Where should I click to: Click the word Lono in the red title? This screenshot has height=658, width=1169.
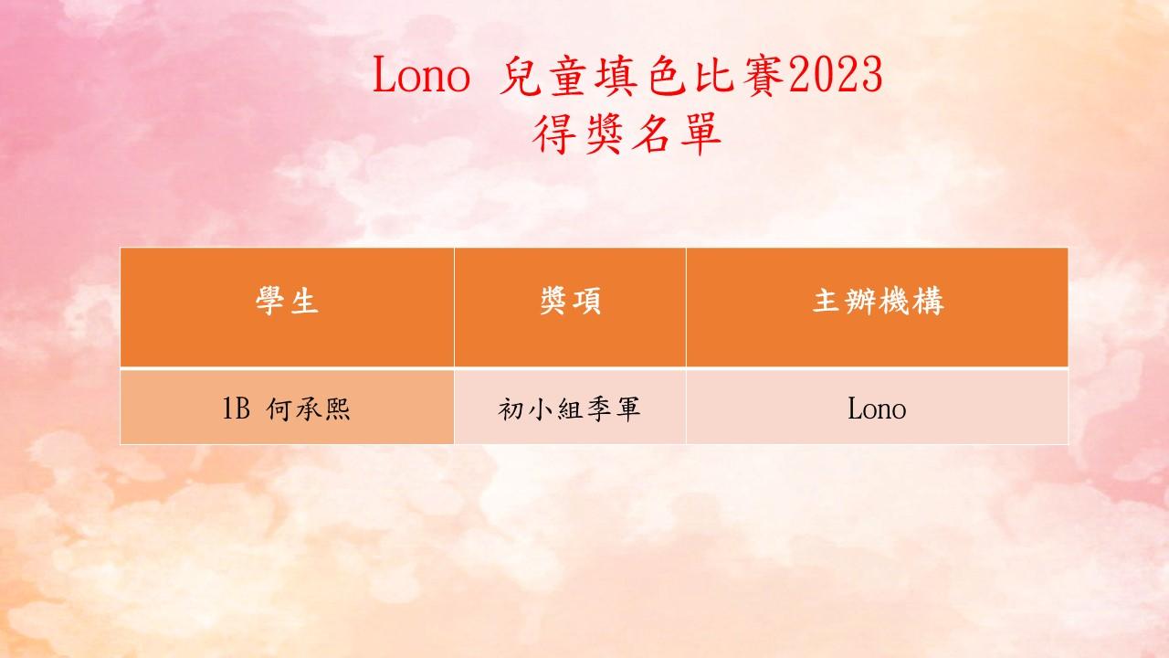(x=421, y=75)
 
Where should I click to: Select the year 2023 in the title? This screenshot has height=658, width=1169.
(x=835, y=75)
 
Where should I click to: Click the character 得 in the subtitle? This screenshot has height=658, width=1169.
(x=553, y=134)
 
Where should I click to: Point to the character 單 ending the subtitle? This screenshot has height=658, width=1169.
(x=700, y=134)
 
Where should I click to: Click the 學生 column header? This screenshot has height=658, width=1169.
(x=287, y=302)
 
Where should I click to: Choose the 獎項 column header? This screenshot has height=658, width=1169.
(x=571, y=302)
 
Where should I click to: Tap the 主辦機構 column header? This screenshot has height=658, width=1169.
(x=879, y=302)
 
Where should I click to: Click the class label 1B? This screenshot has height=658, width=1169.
(x=237, y=409)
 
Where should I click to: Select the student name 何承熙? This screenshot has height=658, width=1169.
(x=308, y=409)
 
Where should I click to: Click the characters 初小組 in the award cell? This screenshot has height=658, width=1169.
(x=540, y=409)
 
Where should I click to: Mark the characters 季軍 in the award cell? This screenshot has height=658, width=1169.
(x=613, y=409)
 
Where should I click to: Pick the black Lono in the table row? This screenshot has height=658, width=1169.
(x=877, y=409)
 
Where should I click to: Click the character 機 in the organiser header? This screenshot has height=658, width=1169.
(x=894, y=302)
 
